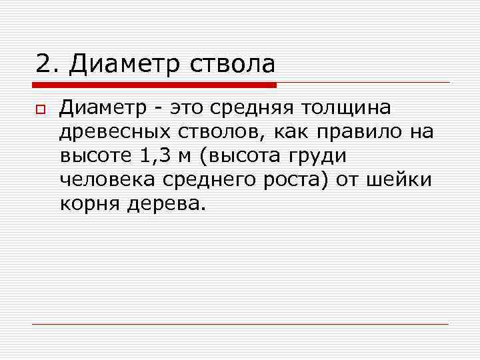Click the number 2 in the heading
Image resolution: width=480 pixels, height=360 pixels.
(x=43, y=64)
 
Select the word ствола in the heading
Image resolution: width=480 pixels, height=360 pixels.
(x=233, y=64)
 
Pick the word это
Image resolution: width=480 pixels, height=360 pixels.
(x=186, y=108)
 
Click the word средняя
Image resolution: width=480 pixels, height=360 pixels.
(x=255, y=109)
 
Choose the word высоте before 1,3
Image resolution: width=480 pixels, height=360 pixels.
(x=97, y=156)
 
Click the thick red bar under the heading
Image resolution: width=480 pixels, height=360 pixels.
(x=154, y=85)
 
